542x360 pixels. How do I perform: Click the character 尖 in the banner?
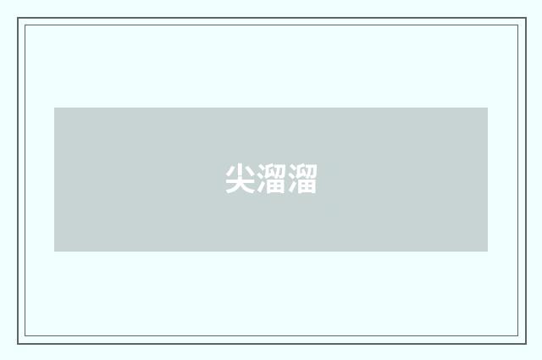(240, 179)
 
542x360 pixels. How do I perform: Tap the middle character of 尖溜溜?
(271, 179)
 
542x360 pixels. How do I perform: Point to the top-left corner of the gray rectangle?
(54, 108)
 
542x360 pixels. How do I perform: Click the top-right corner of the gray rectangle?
(488, 108)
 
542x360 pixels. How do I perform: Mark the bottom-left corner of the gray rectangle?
(54, 252)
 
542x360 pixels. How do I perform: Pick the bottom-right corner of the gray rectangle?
(488, 252)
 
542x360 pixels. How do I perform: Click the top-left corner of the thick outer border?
(18, 18)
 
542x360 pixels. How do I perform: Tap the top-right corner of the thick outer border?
(526, 18)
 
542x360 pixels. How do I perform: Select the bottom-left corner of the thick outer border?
(18, 344)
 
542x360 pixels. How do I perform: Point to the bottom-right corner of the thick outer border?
(526, 344)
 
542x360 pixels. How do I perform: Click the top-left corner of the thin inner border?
(25, 25)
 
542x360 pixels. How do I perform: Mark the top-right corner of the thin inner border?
(518, 25)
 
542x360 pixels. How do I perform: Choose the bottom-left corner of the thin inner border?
(25, 335)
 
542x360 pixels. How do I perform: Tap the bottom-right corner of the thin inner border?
(518, 335)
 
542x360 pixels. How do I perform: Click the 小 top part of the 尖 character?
(240, 170)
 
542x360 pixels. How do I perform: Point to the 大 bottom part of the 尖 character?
(240, 186)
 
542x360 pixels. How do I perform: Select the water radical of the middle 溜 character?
(262, 179)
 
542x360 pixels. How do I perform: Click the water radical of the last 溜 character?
(293, 179)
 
